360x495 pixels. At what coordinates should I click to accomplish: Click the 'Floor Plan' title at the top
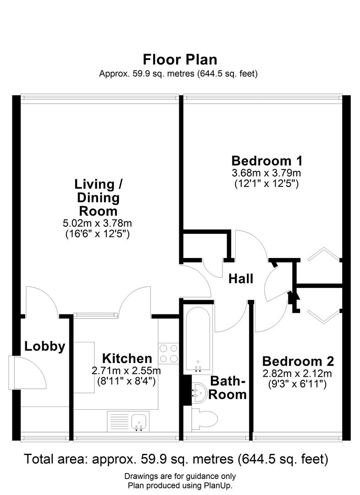pyautogui.click(x=180, y=60)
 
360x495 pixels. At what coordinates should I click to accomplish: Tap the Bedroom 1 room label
pyautogui.click(x=266, y=161)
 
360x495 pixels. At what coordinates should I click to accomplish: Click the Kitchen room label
pyautogui.click(x=127, y=358)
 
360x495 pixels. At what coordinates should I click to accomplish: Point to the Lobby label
pyautogui.click(x=44, y=346)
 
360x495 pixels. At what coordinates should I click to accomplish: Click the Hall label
pyautogui.click(x=241, y=279)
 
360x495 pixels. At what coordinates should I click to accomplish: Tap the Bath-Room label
pyautogui.click(x=228, y=388)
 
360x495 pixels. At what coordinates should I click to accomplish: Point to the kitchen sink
pyautogui.click(x=138, y=421)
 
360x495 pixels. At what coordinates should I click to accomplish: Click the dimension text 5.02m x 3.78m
pyautogui.click(x=97, y=224)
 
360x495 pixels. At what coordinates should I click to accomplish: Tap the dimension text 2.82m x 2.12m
pyautogui.click(x=297, y=373)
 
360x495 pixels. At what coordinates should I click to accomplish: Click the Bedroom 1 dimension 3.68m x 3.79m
pyautogui.click(x=266, y=173)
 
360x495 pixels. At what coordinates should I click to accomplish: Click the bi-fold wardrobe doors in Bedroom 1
pyautogui.click(x=324, y=254)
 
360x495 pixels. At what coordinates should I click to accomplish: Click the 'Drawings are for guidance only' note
pyautogui.click(x=180, y=476)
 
